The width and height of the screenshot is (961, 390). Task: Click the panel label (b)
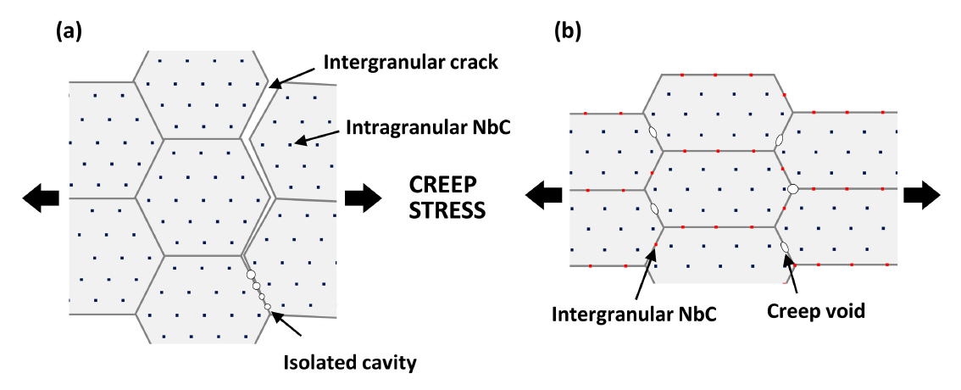(567, 32)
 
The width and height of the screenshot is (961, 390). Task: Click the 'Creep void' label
(815, 311)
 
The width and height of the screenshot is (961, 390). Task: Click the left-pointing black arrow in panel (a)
(40, 198)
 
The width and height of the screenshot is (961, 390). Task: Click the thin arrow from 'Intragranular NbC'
(318, 136)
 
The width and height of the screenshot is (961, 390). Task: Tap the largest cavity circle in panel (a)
(250, 275)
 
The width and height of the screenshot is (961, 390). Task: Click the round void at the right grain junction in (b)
(792, 188)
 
